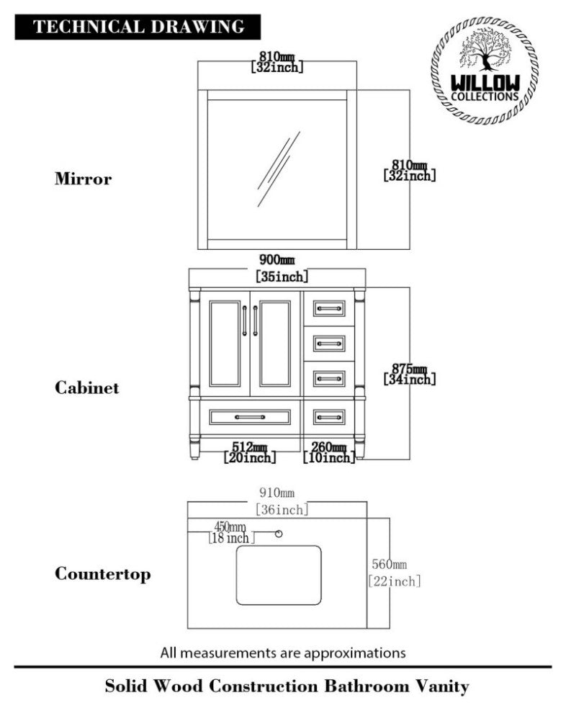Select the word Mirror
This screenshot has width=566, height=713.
[83, 179]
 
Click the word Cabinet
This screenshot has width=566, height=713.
[87, 387]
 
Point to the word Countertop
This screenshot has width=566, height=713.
[103, 574]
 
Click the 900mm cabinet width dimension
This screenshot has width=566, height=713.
[277, 260]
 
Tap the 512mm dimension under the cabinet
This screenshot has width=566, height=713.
[250, 447]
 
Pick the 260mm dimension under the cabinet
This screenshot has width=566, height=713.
[328, 447]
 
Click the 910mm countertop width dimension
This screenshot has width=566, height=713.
[277, 493]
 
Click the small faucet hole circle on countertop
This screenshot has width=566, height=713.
[279, 534]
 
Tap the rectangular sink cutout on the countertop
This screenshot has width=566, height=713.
[279, 575]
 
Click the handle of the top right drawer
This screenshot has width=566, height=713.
[329, 309]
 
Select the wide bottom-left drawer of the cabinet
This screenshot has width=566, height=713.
[250, 416]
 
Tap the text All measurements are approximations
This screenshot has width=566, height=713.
[283, 653]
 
